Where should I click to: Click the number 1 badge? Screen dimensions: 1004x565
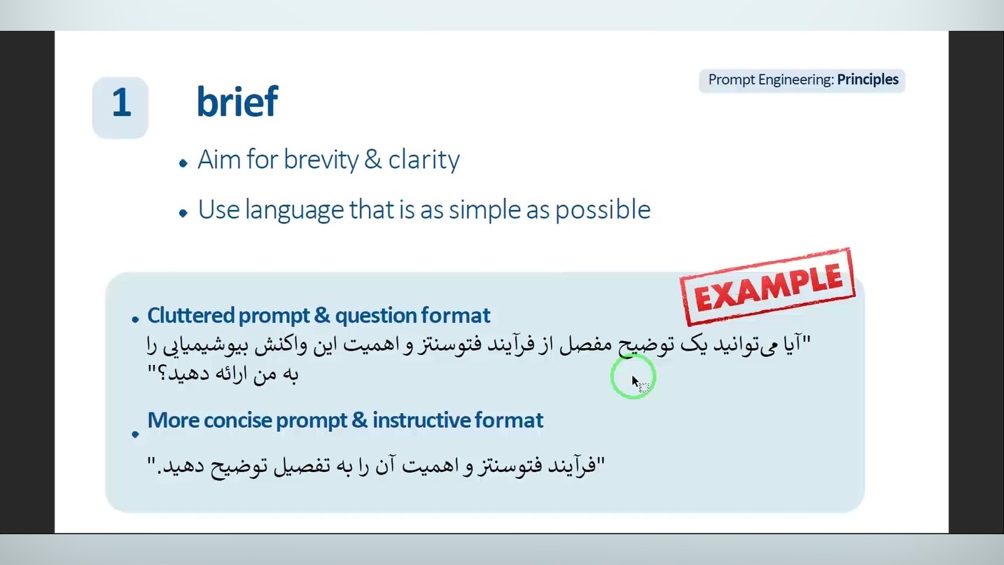(120, 108)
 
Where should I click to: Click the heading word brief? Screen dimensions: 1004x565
(237, 102)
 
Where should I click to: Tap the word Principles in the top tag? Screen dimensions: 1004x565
(867, 80)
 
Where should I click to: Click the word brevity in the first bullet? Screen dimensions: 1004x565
(321, 160)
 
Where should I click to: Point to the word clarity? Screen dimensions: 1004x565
(424, 160)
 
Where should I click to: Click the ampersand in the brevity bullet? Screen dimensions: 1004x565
(373, 160)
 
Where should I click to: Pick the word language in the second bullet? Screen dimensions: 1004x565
(295, 210)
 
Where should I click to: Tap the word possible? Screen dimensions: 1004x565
(603, 210)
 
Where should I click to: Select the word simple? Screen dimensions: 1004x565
(484, 210)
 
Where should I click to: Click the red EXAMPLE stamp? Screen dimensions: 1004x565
(768, 287)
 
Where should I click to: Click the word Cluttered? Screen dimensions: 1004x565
(191, 316)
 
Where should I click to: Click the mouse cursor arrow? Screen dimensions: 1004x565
(636, 382)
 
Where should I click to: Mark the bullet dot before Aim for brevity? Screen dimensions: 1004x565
(183, 163)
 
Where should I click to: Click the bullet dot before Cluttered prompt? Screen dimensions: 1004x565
(135, 319)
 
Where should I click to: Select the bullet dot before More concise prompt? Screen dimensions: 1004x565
(135, 434)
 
